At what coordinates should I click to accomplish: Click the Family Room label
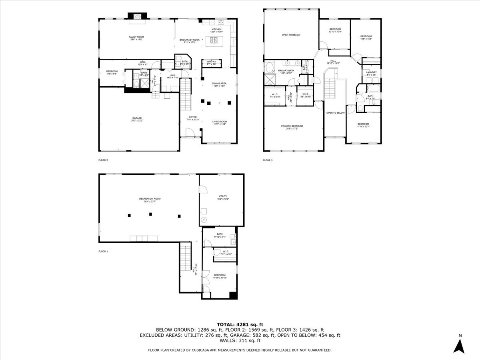(136, 37)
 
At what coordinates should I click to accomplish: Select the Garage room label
(137, 118)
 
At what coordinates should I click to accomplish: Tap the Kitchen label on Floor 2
(216, 30)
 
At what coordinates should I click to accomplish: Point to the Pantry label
(212, 62)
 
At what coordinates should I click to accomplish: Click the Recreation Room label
(150, 199)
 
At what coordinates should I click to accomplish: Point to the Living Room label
(220, 122)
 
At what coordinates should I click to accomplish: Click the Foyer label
(193, 118)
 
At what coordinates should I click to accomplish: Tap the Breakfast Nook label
(189, 40)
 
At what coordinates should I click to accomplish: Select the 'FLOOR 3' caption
(268, 160)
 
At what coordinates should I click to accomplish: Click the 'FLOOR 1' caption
(103, 252)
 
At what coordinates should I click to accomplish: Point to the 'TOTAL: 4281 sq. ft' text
(240, 324)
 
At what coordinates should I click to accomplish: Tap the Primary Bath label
(286, 70)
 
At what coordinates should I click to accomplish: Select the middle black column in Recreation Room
(151, 214)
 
